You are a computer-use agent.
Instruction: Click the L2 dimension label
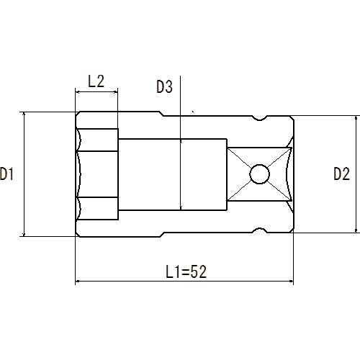point(96,81)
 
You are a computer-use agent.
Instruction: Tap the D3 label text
point(164,86)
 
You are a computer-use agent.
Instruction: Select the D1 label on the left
point(6,174)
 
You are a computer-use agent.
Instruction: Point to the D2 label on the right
point(341,174)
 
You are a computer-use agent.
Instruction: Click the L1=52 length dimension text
point(186,271)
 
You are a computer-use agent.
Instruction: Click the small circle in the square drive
point(259,174)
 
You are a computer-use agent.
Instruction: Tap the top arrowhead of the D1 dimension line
point(24,114)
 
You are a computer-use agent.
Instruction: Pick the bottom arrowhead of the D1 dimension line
point(24,234)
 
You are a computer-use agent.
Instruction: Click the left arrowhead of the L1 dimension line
point(78,281)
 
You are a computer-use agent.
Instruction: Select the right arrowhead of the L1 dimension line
point(291,281)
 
